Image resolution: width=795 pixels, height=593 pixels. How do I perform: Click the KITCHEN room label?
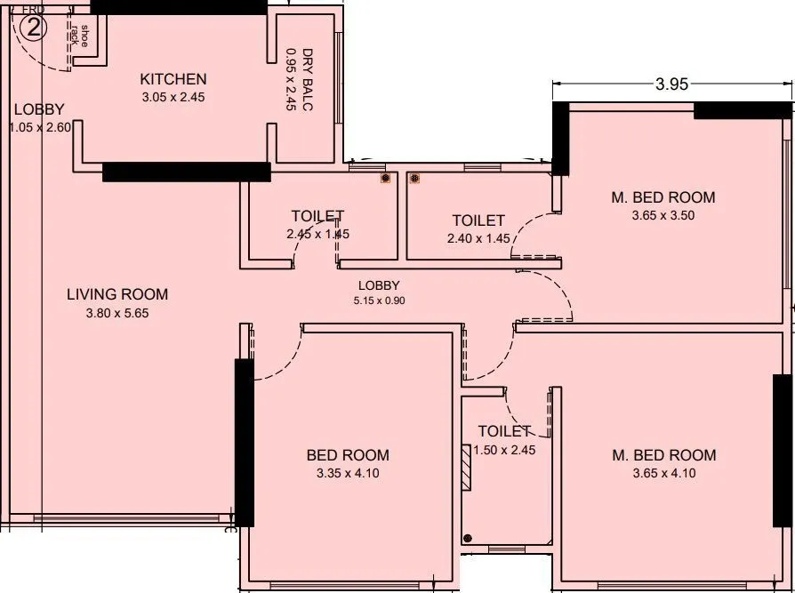[x=173, y=80]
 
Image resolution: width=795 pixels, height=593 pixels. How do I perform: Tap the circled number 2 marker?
[x=33, y=28]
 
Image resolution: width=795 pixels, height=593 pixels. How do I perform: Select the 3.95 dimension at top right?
[x=672, y=85]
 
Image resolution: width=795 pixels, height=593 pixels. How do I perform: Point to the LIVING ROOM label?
[x=117, y=295]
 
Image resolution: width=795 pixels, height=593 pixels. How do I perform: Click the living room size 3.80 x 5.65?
[x=117, y=313]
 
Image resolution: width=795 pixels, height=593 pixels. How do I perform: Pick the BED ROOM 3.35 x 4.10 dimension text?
[x=348, y=473]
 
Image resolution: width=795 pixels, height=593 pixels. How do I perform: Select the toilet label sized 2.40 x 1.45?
[x=478, y=220]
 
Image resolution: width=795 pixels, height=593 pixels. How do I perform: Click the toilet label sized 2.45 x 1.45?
[x=317, y=217]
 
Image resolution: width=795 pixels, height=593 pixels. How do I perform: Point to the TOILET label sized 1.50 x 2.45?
[x=504, y=431]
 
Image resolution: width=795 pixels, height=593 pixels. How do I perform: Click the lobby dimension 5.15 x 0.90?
[x=379, y=301]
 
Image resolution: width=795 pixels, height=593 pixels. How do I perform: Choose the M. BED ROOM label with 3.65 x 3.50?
[x=662, y=197]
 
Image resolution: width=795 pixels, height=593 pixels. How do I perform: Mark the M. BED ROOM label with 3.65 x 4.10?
[x=663, y=455]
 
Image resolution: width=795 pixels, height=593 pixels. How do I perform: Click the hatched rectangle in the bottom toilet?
[x=468, y=465]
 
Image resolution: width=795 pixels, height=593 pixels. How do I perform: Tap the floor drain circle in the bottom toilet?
[x=468, y=538]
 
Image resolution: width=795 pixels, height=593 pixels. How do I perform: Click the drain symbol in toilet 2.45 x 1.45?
[x=385, y=179]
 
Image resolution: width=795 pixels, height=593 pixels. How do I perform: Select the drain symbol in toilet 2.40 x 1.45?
[x=414, y=179]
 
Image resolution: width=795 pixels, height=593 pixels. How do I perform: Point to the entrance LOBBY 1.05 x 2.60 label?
[x=39, y=110]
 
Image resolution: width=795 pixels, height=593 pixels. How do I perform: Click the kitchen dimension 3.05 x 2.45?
[x=173, y=98]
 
